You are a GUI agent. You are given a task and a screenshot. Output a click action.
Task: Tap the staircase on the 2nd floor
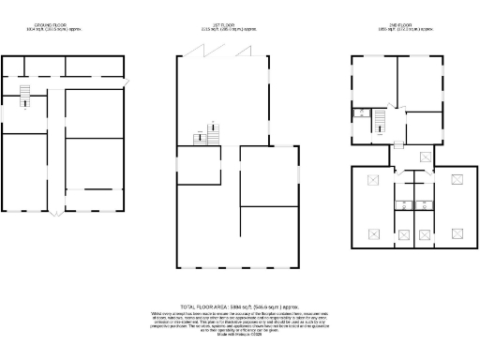[x=380, y=122]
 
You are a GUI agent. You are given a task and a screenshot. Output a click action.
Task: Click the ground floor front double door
[x=54, y=215]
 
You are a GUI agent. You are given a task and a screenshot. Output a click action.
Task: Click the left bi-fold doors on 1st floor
[x=205, y=53]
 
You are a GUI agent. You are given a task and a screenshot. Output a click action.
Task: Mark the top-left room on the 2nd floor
[x=373, y=80]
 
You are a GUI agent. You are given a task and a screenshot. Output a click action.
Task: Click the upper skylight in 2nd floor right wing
[x=458, y=180]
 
